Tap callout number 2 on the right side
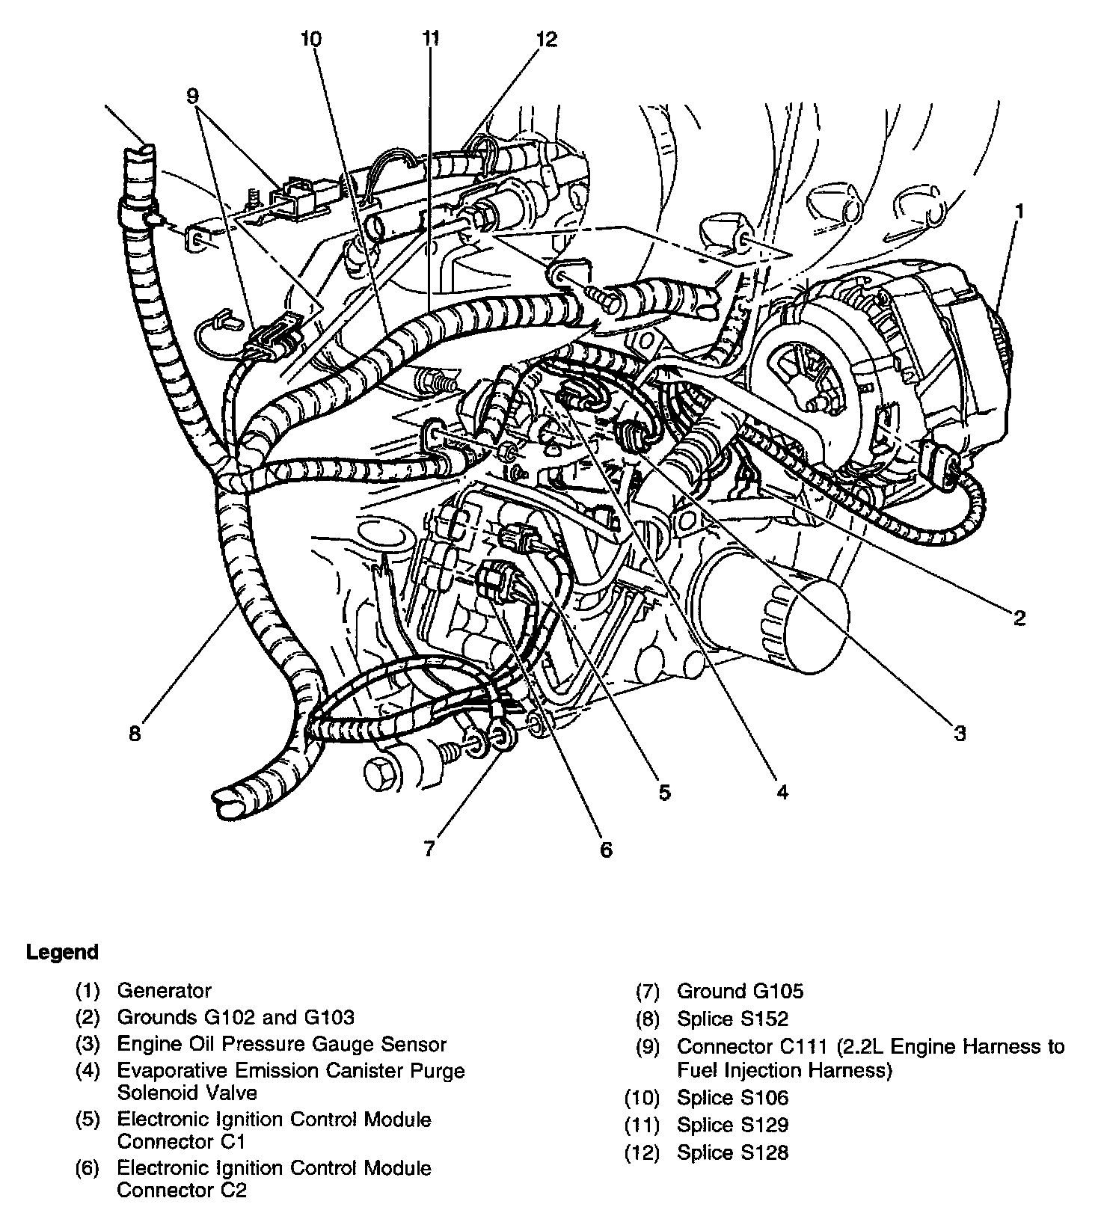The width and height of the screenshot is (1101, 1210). (x=1019, y=618)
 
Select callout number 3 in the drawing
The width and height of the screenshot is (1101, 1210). (x=960, y=733)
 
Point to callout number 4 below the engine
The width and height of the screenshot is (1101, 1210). (x=782, y=791)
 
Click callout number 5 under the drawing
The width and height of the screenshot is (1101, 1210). (x=664, y=791)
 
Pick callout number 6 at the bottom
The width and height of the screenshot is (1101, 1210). (x=606, y=850)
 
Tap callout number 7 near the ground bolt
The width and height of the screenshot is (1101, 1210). (x=429, y=850)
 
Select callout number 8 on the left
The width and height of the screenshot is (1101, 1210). (x=135, y=734)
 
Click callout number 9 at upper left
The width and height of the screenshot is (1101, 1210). (x=193, y=96)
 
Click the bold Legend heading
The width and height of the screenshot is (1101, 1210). (x=62, y=952)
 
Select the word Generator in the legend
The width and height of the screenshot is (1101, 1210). (x=165, y=991)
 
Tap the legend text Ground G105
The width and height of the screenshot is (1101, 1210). (x=740, y=992)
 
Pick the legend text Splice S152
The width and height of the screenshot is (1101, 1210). (x=732, y=1019)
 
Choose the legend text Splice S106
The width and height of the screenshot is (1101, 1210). (x=732, y=1098)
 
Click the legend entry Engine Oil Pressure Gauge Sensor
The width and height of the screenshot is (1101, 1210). (x=282, y=1044)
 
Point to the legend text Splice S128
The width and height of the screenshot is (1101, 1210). (x=732, y=1152)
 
